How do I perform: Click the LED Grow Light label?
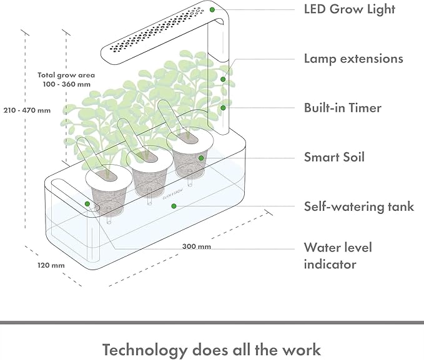click(349, 9)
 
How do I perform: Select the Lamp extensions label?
click(353, 59)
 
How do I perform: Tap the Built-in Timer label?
click(342, 108)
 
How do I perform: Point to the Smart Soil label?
click(334, 157)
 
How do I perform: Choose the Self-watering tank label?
click(358, 206)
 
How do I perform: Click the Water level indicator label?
click(338, 256)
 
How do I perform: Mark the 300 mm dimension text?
click(197, 246)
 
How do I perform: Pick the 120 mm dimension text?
click(51, 265)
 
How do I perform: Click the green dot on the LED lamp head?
click(213, 9)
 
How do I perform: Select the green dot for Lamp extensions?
click(223, 79)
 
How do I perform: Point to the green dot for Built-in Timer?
click(222, 107)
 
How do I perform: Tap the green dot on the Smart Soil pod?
click(201, 158)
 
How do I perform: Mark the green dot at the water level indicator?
click(87, 204)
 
